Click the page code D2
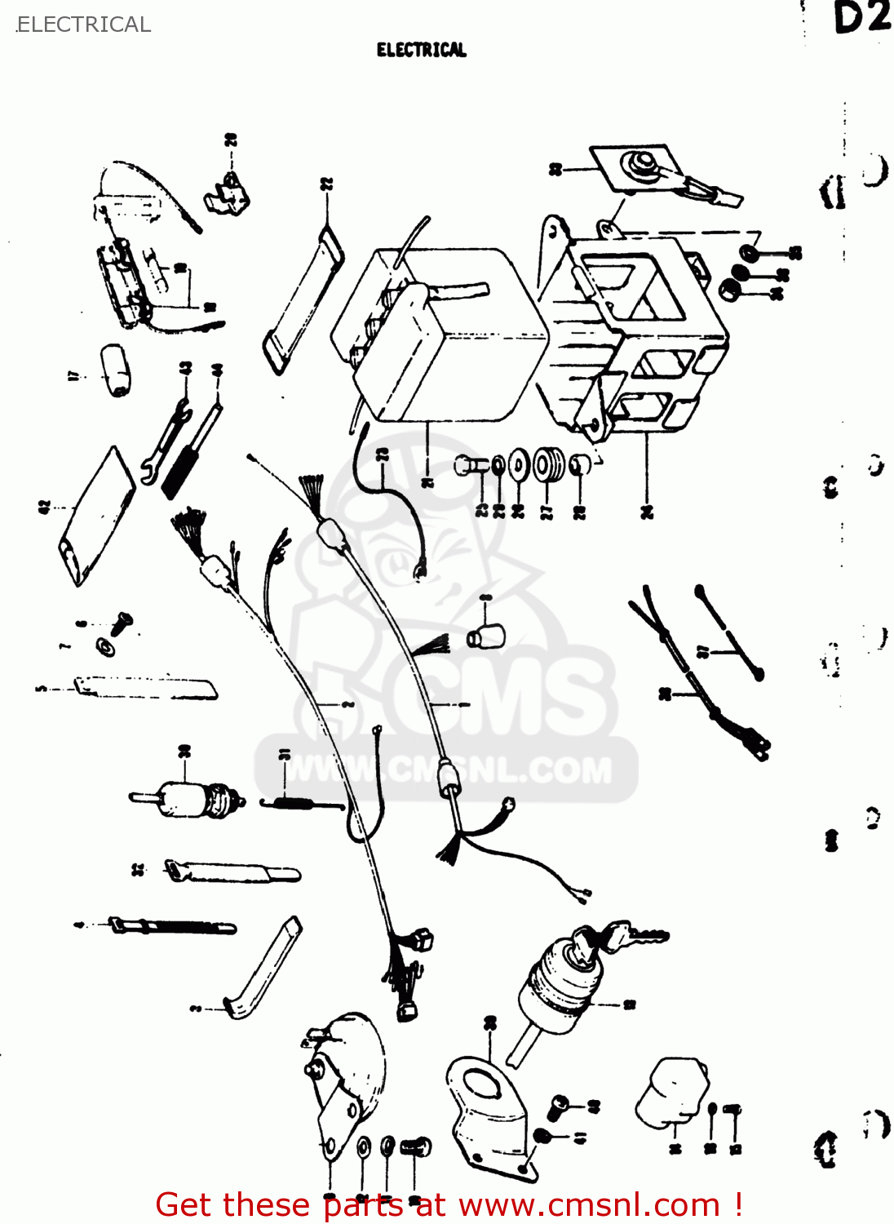[x=861, y=18]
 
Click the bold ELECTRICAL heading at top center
[x=421, y=50]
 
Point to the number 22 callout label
[x=326, y=184]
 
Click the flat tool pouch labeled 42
[x=96, y=517]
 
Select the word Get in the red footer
[x=186, y=1204]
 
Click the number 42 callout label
[x=45, y=507]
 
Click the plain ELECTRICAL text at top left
[x=83, y=24]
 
